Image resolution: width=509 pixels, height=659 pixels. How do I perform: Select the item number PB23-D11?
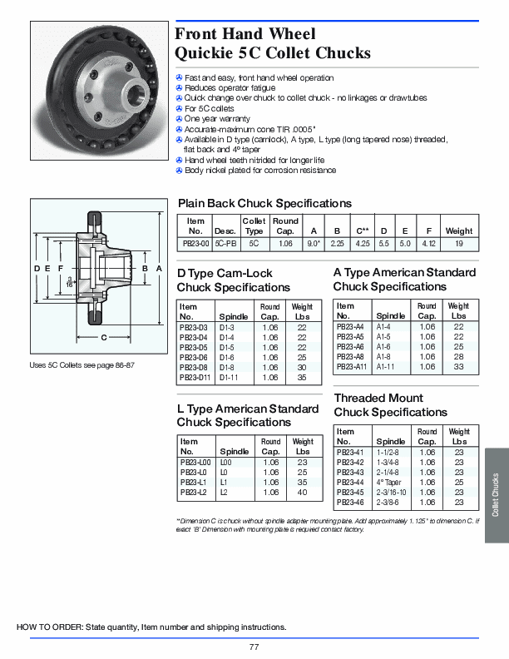click(194, 378)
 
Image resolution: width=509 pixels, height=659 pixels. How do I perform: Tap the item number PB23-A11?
click(351, 367)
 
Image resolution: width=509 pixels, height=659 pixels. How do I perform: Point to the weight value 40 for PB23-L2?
click(302, 493)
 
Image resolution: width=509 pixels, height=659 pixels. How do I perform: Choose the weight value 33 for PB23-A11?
click(458, 367)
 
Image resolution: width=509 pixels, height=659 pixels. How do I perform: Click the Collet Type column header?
click(254, 225)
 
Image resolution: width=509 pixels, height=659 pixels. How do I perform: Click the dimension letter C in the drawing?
click(104, 337)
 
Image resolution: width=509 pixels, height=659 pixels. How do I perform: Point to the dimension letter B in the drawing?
click(145, 269)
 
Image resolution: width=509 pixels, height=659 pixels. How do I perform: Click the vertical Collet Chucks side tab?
click(496, 496)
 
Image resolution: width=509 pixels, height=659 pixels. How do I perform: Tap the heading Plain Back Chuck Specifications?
click(264, 203)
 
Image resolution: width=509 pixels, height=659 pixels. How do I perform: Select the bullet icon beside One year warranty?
click(179, 119)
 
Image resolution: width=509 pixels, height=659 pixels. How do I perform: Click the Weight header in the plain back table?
click(458, 231)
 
